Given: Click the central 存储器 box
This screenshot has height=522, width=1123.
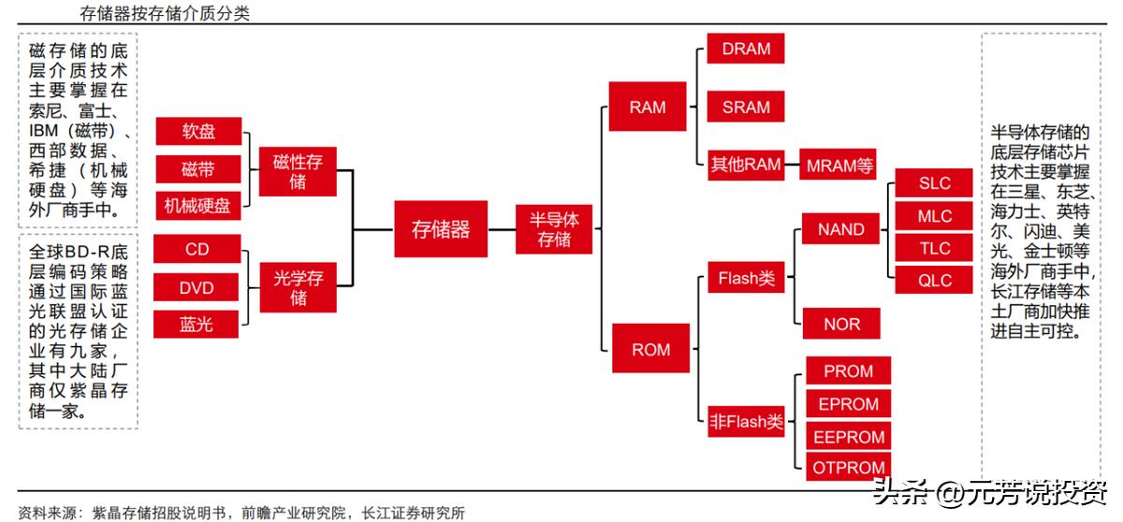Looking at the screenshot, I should [x=441, y=229].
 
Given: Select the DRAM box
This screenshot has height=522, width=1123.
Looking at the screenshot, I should [x=746, y=50].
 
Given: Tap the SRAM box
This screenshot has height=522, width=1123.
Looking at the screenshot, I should [x=746, y=107].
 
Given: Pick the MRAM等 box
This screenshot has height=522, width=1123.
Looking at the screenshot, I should [x=839, y=166].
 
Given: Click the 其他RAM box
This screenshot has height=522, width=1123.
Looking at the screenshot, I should [x=745, y=165].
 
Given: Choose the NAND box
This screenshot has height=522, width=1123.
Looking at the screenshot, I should [x=840, y=229].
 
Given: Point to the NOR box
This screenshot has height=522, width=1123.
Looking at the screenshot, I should [x=840, y=324].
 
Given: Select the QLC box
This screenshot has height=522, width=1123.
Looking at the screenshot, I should [x=934, y=280].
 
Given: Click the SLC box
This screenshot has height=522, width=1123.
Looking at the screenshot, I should [x=934, y=183].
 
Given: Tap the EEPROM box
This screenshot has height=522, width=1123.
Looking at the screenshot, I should [x=850, y=437].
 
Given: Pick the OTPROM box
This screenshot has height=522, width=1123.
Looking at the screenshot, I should [x=850, y=468].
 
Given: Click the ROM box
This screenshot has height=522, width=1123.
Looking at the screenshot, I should [x=650, y=349].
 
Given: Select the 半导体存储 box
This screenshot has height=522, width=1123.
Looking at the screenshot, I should [x=554, y=229].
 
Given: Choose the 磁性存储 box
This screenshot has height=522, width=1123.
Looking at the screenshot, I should [x=298, y=171].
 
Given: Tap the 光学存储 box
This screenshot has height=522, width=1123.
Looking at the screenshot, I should [x=298, y=287].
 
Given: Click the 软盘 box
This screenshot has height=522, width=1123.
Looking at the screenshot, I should [x=198, y=131].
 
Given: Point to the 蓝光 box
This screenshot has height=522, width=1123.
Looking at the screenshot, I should [x=197, y=325].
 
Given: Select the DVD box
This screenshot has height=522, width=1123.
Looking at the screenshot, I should [x=197, y=287].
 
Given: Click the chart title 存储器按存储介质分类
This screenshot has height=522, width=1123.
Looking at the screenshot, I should [x=165, y=13].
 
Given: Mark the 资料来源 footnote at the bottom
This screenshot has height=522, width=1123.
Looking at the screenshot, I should [x=241, y=513].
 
